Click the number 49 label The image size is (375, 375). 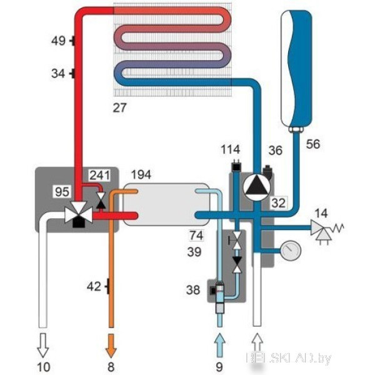[x=58, y=41]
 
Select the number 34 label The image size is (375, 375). [x=58, y=74]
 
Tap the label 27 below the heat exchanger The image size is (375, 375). [x=119, y=107]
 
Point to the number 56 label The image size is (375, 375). [x=314, y=144]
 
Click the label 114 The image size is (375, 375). [x=232, y=150]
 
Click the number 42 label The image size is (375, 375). [x=93, y=287]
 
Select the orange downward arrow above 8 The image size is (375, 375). [x=111, y=342]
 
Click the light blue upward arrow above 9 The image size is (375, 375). [x=219, y=342]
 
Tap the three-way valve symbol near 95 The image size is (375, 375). [x=79, y=214]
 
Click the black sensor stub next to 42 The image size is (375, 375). [x=108, y=287]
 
